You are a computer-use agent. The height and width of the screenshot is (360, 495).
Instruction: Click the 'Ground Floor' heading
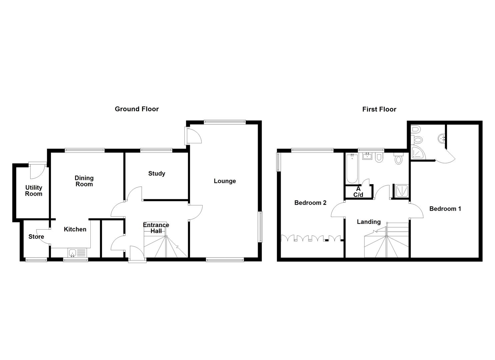tap(137, 109)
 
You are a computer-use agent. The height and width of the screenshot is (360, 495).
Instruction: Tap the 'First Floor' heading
tap(379, 109)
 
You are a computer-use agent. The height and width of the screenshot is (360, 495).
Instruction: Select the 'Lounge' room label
tap(225, 181)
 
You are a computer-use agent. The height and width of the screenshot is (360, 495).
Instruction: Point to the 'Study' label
tap(157, 173)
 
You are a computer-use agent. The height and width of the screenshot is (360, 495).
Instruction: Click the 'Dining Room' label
tap(84, 181)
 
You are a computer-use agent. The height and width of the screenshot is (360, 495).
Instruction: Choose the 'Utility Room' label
tap(34, 191)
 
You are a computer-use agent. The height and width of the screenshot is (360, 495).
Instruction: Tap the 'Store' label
tap(36, 237)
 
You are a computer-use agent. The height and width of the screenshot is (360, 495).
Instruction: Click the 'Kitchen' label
tap(75, 229)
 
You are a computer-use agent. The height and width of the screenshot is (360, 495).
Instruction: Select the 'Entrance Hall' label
tap(156, 228)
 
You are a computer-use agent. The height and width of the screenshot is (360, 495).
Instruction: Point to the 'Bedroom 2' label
tap(310, 203)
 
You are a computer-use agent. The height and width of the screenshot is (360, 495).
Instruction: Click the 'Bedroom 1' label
tap(445, 209)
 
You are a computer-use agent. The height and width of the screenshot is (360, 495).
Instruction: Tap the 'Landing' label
tap(369, 222)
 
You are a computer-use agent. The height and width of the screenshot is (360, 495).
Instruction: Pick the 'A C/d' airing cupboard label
tap(358, 192)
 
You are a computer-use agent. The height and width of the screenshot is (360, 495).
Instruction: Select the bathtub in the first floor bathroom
tap(352, 168)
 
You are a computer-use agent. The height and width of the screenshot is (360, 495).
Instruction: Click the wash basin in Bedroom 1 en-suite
tap(441, 137)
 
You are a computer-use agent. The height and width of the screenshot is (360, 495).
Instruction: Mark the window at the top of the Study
tap(156, 150)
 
